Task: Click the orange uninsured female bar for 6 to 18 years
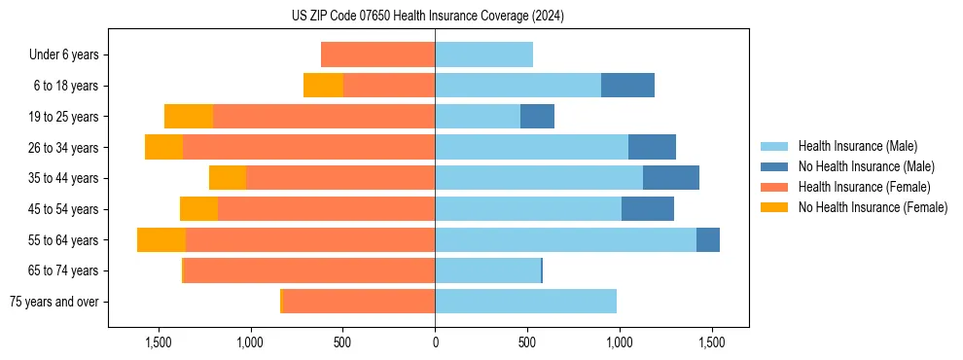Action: tap(323, 86)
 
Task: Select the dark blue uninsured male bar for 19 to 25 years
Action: tap(537, 117)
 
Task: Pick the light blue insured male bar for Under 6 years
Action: tap(483, 54)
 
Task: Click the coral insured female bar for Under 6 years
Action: tap(377, 54)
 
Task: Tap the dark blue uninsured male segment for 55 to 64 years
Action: tap(708, 240)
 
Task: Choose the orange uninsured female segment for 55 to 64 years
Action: tap(161, 240)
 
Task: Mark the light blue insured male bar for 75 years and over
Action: tap(525, 302)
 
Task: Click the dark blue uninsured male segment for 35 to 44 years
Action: tap(671, 178)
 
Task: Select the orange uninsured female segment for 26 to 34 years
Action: tap(163, 147)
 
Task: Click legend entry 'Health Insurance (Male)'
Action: tap(857, 146)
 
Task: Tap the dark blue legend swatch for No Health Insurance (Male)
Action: tap(774, 166)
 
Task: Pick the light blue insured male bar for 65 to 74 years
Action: tap(487, 270)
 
